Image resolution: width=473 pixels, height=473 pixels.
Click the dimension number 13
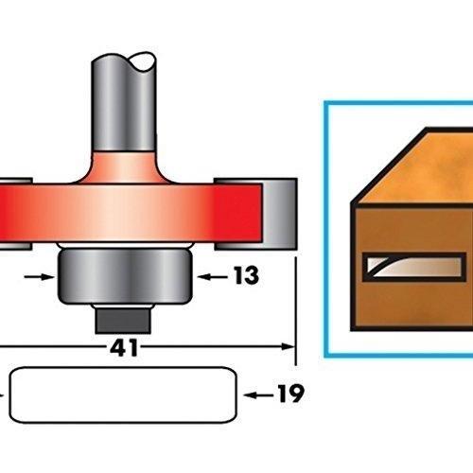(246, 275)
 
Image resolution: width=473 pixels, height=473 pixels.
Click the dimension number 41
(124, 348)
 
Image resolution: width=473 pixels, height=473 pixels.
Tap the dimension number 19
(290, 394)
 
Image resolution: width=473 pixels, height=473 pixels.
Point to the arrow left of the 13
(213, 277)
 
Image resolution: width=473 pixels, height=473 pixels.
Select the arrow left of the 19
(258, 395)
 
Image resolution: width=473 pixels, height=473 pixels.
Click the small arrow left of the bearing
(40, 277)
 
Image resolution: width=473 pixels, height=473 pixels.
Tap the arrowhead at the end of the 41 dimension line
(288, 346)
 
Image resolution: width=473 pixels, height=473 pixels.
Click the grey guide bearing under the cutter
(125, 276)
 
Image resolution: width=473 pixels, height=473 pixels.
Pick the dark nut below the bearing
(123, 321)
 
